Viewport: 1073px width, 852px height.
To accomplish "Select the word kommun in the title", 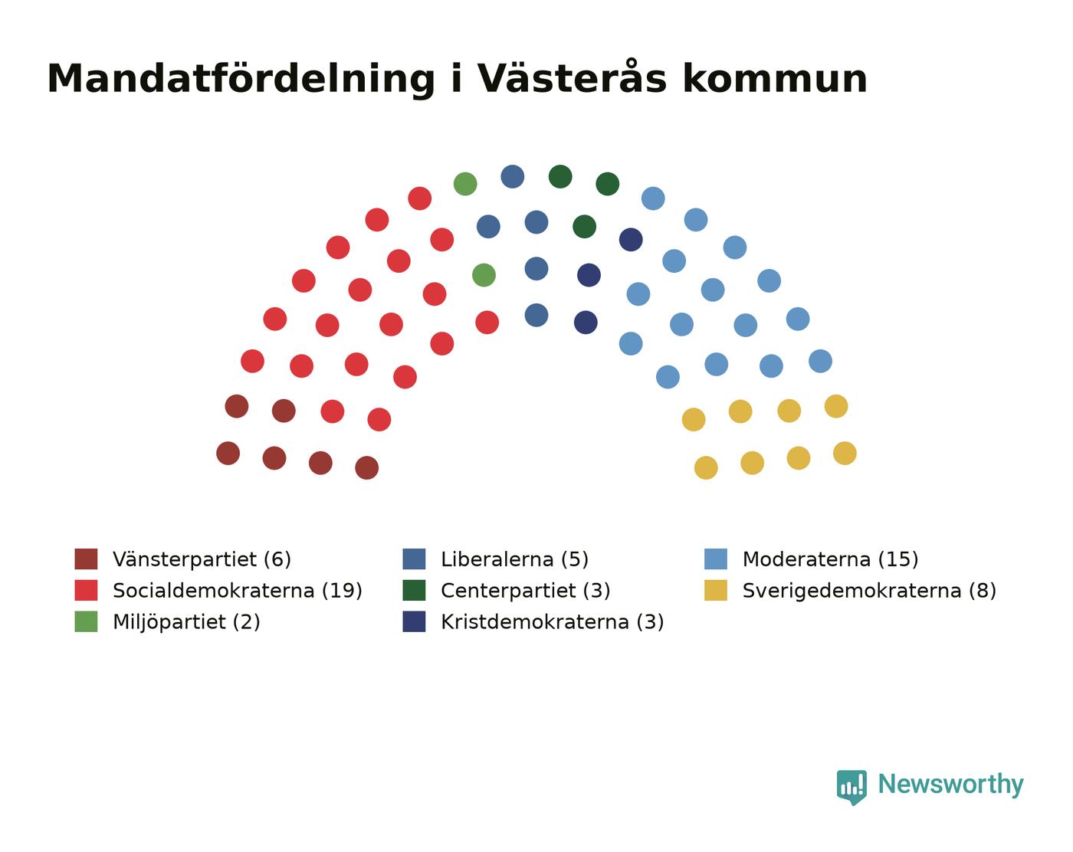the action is coord(776,79).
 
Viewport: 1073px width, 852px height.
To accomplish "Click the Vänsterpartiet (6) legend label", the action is coord(202,559).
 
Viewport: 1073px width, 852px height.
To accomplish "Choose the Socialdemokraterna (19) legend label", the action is coord(238,591).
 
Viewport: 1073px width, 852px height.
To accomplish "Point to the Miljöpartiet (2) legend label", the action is coord(186,622).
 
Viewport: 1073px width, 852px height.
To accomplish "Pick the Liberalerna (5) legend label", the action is coord(514,559).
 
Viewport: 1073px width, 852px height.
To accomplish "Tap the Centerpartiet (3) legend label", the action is coord(526,591).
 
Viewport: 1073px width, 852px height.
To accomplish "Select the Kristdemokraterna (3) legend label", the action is coord(553,622).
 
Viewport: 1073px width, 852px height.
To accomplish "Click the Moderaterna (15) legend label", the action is coord(830,559).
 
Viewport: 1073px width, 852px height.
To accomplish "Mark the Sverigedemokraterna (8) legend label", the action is coord(869,591).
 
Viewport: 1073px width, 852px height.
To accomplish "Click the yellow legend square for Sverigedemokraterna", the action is coord(716,590).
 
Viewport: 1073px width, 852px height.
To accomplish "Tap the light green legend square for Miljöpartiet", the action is coord(86,621).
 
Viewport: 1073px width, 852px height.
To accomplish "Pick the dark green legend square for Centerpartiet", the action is coord(414,590).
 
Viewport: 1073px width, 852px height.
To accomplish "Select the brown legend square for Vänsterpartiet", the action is coord(86,559).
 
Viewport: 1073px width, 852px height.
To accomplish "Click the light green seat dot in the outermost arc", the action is coord(465,184).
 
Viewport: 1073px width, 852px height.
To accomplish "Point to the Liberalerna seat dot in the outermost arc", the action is coord(513,176).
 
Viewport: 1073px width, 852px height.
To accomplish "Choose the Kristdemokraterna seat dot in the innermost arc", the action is coord(586,323).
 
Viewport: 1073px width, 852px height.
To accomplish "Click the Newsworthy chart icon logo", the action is coord(852,787).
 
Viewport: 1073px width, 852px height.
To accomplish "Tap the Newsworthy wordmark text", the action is coord(950,785).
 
